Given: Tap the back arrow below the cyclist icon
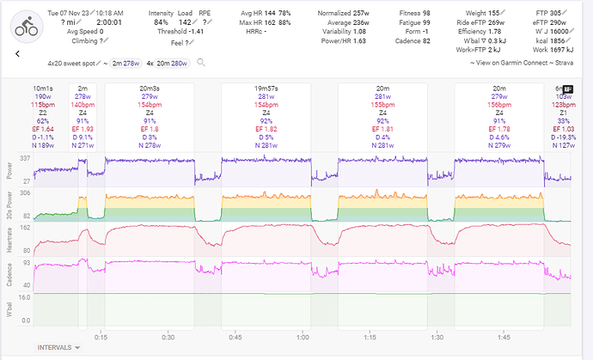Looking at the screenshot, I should pos(18,53).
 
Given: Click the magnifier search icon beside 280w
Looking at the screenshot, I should pos(200,63).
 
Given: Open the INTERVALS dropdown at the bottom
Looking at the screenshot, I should pos(58,347).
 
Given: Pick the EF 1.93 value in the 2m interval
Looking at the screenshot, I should pos(83,128).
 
